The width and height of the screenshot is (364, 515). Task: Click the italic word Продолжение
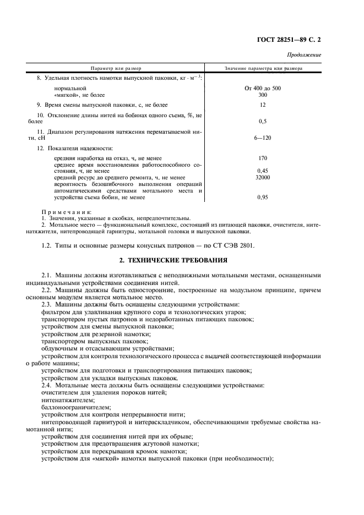(305, 55)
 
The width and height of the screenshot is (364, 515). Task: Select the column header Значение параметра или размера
(263, 68)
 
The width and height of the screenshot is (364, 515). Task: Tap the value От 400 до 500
(263, 88)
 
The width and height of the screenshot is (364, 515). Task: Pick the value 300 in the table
(263, 95)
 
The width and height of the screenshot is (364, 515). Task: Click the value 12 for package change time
(263, 105)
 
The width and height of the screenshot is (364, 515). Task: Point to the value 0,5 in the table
(263, 121)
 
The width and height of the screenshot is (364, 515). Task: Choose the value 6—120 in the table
(263, 138)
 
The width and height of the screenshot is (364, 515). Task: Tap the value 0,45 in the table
(263, 171)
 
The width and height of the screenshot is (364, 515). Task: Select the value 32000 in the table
(263, 178)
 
